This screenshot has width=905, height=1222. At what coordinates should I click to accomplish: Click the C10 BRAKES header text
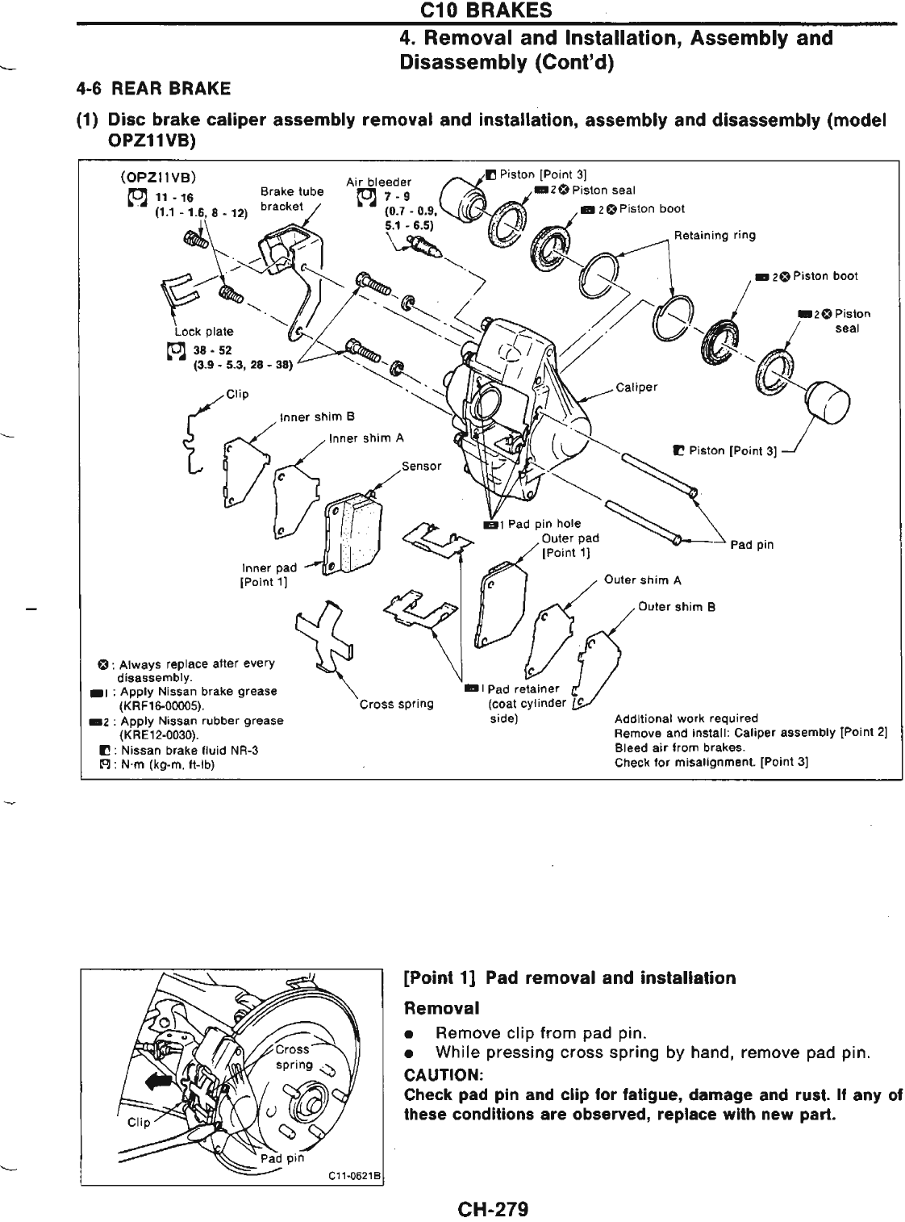pyautogui.click(x=491, y=10)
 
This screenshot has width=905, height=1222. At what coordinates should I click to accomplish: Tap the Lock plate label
pyautogui.click(x=203, y=331)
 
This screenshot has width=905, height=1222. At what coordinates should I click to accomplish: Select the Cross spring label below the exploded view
pyautogui.click(x=396, y=703)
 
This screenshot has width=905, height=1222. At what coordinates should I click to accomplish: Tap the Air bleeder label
pyautogui.click(x=378, y=181)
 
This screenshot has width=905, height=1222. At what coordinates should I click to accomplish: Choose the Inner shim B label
pyautogui.click(x=318, y=417)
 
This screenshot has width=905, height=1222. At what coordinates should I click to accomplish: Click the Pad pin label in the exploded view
pyautogui.click(x=752, y=545)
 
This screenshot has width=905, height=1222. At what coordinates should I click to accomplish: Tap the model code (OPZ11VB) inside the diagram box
pyautogui.click(x=158, y=177)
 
